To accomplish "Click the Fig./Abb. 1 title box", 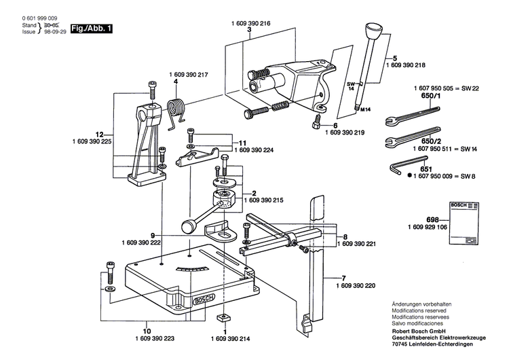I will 92,29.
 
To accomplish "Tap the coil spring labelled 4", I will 177,109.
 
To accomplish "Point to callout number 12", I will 100,134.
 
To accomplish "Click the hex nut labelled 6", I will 316,124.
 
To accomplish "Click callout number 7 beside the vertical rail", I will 343,277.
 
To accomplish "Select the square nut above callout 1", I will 223,317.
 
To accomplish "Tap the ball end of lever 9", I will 187,227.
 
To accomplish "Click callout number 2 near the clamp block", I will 254,192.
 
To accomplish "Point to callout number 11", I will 242,143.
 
